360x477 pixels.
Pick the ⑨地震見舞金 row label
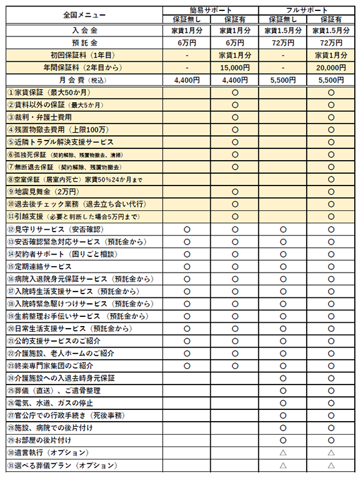[43, 191]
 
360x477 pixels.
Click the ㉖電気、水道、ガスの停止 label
[59, 403]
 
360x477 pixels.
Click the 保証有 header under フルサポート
[331, 19]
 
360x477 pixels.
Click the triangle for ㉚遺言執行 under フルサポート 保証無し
[283, 453]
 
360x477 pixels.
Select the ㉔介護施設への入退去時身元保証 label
[65, 378]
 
